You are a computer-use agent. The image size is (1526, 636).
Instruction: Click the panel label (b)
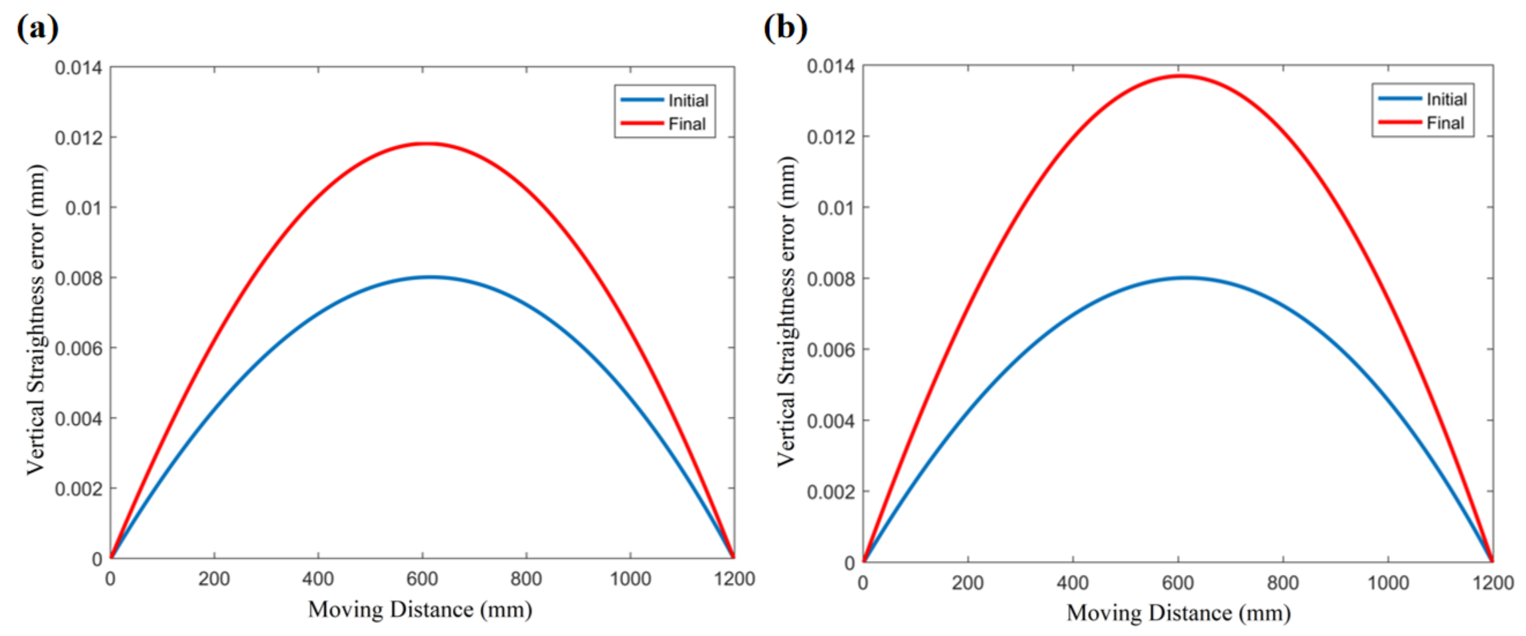tap(786, 27)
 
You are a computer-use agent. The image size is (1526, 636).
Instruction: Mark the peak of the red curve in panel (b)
tap(1181, 75)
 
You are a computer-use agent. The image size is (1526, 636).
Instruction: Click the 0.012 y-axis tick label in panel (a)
tap(78, 138)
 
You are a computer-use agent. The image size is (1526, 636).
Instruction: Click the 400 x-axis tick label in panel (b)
tap(1073, 583)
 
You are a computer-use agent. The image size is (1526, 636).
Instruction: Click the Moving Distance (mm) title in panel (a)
tap(420, 609)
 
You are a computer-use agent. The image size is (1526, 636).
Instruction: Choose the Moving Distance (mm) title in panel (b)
tap(1178, 613)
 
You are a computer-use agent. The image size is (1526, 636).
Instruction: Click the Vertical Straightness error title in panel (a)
tap(36, 320)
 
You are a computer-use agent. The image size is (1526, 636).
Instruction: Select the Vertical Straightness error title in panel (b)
tap(786, 311)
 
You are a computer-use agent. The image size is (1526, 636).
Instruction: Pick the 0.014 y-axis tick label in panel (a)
tap(78, 67)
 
